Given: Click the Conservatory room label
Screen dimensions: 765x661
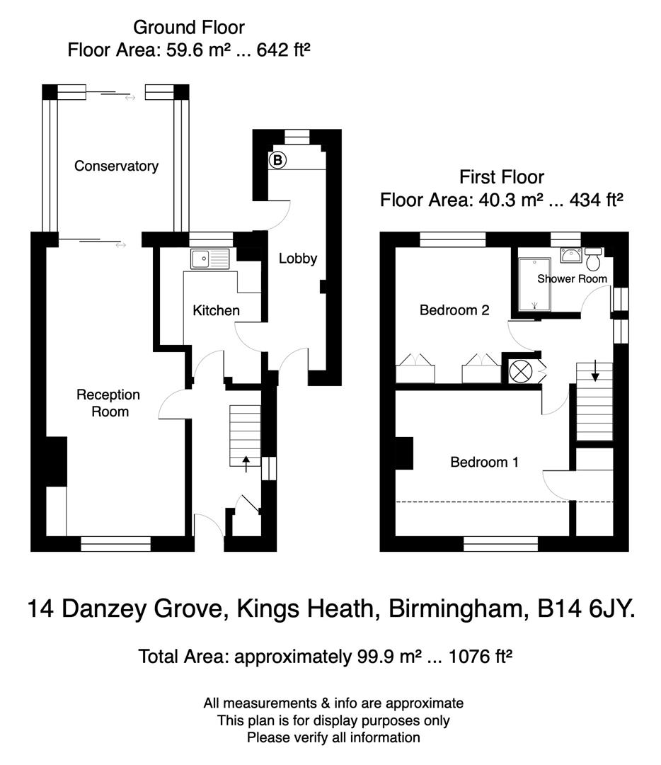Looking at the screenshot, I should (116, 166).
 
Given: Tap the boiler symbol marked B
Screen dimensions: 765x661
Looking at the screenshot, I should (277, 161).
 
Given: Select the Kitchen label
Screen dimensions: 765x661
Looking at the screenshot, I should (216, 310).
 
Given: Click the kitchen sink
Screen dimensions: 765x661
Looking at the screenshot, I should (210, 259).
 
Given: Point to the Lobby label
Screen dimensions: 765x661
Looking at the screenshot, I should (297, 259).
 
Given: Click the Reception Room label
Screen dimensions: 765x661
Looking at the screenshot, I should (108, 403).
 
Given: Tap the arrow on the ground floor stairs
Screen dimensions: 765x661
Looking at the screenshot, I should (246, 463).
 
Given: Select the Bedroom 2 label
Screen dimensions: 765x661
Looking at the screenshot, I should (454, 310).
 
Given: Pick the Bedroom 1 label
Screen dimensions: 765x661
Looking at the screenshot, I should (485, 463).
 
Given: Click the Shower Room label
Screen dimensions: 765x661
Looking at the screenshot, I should (572, 279).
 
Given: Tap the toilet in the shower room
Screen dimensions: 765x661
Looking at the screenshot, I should (593, 260).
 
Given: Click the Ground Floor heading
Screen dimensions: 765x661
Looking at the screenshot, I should (189, 28).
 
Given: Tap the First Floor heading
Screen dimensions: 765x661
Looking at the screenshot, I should (501, 176).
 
